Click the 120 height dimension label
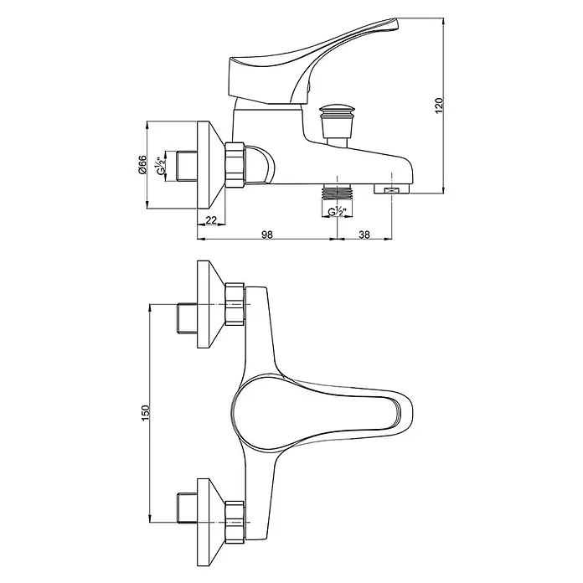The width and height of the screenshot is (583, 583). [x=439, y=106]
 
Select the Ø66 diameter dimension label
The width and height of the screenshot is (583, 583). [x=142, y=165]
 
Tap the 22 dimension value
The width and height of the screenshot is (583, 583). [x=211, y=219]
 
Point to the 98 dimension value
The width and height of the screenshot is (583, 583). [x=267, y=235]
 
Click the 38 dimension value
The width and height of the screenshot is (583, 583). [x=364, y=235]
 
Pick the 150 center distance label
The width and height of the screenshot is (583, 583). [x=145, y=414]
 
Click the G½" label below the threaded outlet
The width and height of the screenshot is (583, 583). [x=338, y=211]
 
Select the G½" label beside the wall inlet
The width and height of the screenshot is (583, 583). [x=161, y=166]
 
